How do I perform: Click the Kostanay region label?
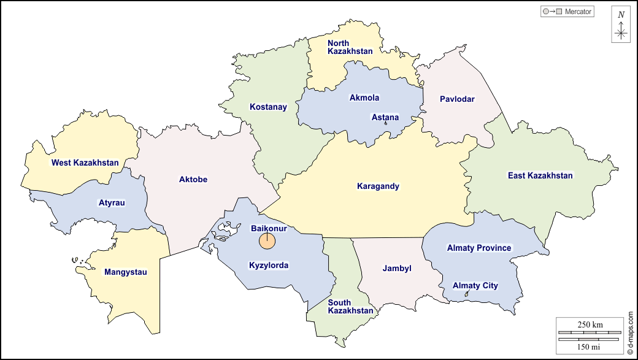(268, 107)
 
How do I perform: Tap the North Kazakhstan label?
(350, 47)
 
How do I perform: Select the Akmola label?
(364, 98)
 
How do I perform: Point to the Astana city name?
(385, 117)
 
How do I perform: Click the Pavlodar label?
(457, 99)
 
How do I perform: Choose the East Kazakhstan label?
(540, 176)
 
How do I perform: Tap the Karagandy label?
(378, 186)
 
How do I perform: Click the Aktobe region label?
(193, 180)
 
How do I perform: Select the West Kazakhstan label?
(85, 163)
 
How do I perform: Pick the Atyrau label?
(112, 203)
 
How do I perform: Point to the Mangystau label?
(126, 272)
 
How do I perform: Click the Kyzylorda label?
(269, 266)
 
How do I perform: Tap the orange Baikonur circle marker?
(267, 242)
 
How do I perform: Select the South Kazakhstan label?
(350, 307)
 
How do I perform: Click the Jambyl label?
(397, 269)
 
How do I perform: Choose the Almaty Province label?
(479, 248)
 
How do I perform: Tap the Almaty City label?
(475, 286)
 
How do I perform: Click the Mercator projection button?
(567, 12)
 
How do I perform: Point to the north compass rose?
(621, 25)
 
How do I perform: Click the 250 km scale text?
(590, 324)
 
